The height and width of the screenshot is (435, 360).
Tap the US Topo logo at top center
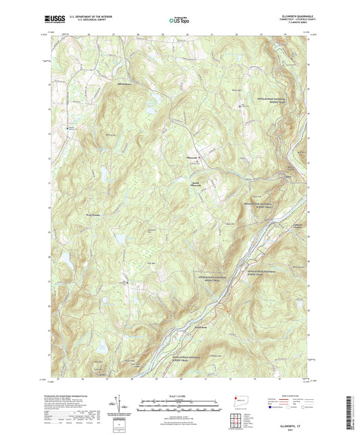174,21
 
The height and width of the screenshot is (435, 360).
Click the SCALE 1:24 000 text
180,394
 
